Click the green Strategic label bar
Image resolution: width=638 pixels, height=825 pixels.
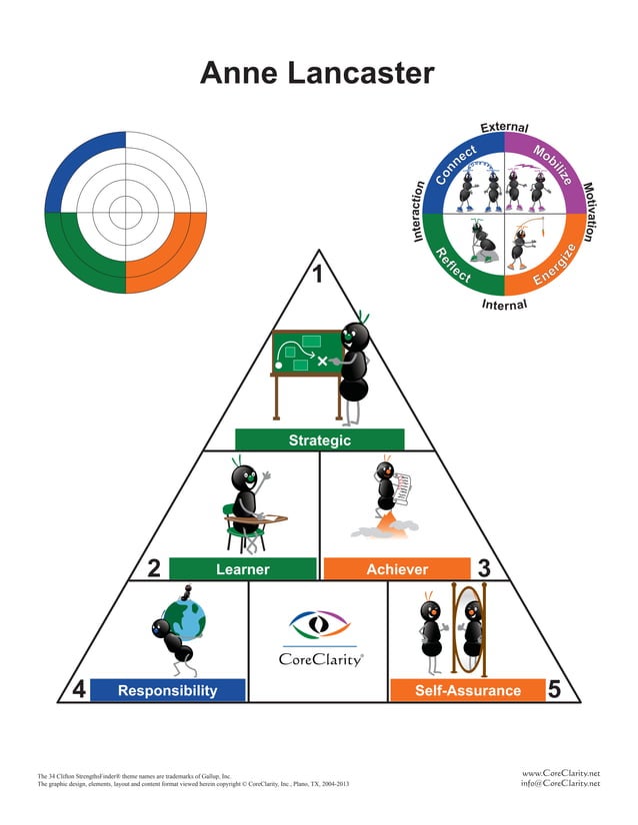pos(320,439)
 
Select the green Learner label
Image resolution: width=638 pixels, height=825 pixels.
pos(242,568)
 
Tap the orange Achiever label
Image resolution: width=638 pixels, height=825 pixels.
pos(397,568)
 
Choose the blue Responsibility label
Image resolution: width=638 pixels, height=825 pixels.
pos(168,690)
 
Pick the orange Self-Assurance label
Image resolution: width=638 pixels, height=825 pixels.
pos(468,690)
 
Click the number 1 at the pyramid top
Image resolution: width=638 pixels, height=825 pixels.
pos(318,274)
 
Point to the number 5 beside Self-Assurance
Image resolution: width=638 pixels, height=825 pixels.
pos(554,689)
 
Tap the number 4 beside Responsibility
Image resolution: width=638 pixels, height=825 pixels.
pos(79,689)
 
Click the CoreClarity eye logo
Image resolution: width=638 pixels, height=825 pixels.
pos(320,624)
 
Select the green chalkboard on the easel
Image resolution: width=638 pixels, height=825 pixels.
pos(307,353)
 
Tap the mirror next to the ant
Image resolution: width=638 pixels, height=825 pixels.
pos(469,629)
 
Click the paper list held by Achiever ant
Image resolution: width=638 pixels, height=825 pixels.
pos(403,489)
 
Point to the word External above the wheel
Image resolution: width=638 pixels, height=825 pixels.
pos(504,127)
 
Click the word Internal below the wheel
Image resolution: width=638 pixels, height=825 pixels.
pos(504,305)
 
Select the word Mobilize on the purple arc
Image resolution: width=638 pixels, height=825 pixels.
pos(552,165)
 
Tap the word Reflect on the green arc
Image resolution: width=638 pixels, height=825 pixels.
pos(453,265)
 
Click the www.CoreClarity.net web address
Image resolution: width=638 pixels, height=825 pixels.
pos(561,773)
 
